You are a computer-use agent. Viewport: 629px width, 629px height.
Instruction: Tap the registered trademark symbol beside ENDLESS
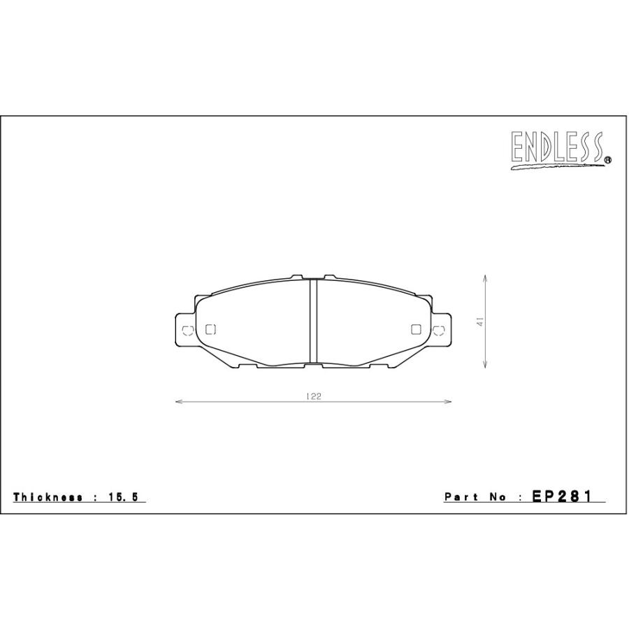(608, 160)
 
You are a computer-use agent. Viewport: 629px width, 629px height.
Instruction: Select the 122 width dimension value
(314, 396)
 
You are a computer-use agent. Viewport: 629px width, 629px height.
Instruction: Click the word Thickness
(48, 497)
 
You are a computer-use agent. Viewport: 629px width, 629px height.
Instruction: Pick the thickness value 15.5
(123, 498)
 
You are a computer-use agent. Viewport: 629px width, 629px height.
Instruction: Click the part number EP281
(562, 497)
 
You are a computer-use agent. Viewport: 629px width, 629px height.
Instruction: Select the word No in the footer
(498, 498)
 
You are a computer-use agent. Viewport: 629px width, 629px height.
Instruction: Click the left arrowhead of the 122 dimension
(179, 402)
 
